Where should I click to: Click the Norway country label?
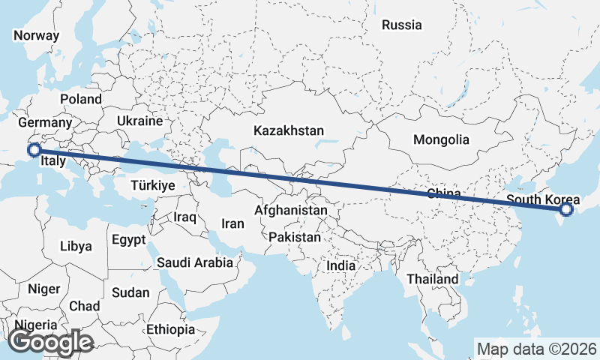36,35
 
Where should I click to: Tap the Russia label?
401,25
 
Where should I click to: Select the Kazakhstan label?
289,130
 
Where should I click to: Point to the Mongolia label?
441,139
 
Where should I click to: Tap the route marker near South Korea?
566,210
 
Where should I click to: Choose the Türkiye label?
152,184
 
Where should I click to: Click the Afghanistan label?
291,211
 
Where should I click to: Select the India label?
341,265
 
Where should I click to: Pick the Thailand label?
433,279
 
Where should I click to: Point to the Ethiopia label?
171,329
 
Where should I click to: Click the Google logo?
50,342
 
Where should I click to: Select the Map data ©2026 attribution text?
536,349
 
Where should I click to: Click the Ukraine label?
139,121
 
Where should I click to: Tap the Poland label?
81,99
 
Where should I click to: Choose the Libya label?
76,246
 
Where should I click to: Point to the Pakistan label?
295,237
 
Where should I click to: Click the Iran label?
232,223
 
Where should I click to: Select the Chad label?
84,306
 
